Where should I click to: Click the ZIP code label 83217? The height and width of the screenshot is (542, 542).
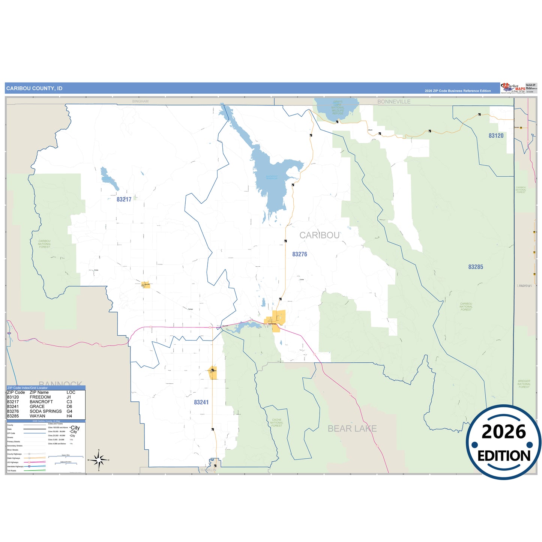tap(124, 200)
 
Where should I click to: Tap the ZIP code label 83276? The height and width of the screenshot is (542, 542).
tap(299, 254)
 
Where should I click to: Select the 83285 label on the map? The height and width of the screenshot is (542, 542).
tap(475, 267)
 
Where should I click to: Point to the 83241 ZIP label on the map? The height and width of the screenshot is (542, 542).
tap(201, 402)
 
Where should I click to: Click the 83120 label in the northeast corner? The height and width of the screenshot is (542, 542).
tap(496, 136)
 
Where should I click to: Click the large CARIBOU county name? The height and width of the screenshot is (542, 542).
tap(319, 235)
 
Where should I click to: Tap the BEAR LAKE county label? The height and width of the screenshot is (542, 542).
tap(352, 428)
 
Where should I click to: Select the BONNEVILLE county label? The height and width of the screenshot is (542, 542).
tap(393, 102)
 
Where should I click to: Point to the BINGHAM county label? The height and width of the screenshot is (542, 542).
tap(140, 101)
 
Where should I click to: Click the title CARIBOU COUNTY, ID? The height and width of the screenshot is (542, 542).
tap(34, 89)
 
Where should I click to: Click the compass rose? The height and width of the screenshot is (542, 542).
tap(99, 459)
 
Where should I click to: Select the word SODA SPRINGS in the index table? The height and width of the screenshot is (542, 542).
tap(46, 411)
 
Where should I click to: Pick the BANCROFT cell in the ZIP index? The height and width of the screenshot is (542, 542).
tap(41, 402)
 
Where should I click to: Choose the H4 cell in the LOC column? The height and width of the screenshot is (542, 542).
tap(69, 416)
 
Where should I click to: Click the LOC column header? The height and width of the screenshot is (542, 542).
tap(71, 392)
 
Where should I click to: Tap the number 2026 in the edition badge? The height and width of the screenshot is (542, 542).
tap(503, 432)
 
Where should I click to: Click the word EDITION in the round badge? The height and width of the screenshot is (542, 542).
tap(503, 456)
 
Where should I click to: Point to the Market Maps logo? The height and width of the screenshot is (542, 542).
tap(513, 89)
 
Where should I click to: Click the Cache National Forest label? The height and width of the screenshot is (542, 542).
tap(277, 423)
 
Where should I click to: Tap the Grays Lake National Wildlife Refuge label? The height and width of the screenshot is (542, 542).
tap(338, 108)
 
